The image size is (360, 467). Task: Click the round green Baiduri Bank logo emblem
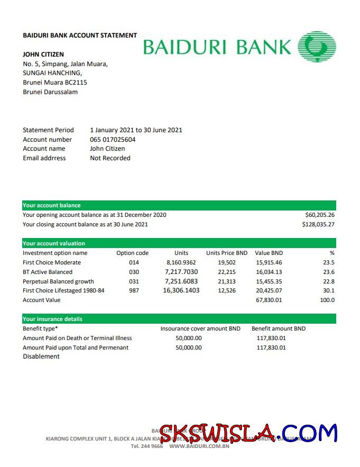coord(317,45)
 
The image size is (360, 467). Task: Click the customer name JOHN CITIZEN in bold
coord(43,54)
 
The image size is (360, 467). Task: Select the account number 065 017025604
coord(113,140)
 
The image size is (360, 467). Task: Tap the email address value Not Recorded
coord(110,158)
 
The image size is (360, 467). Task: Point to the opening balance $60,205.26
coord(320,215)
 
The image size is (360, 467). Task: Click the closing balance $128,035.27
coord(318,225)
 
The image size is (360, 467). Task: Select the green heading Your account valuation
coord(54,244)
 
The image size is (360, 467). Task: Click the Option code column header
coord(132,253)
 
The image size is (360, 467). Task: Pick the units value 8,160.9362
coord(181,263)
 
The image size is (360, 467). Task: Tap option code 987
coord(134,291)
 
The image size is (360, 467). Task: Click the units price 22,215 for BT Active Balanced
coord(227,272)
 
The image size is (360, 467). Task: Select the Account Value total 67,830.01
coord(269,300)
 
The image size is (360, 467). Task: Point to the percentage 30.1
coord(329,291)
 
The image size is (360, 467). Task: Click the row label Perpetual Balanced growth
coord(58,282)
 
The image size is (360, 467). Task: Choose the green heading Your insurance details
coord(52,319)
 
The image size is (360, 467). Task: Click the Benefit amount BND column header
coord(279,329)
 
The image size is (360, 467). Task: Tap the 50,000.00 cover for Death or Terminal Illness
coord(189,338)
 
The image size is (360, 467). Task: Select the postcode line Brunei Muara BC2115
coord(55,83)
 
